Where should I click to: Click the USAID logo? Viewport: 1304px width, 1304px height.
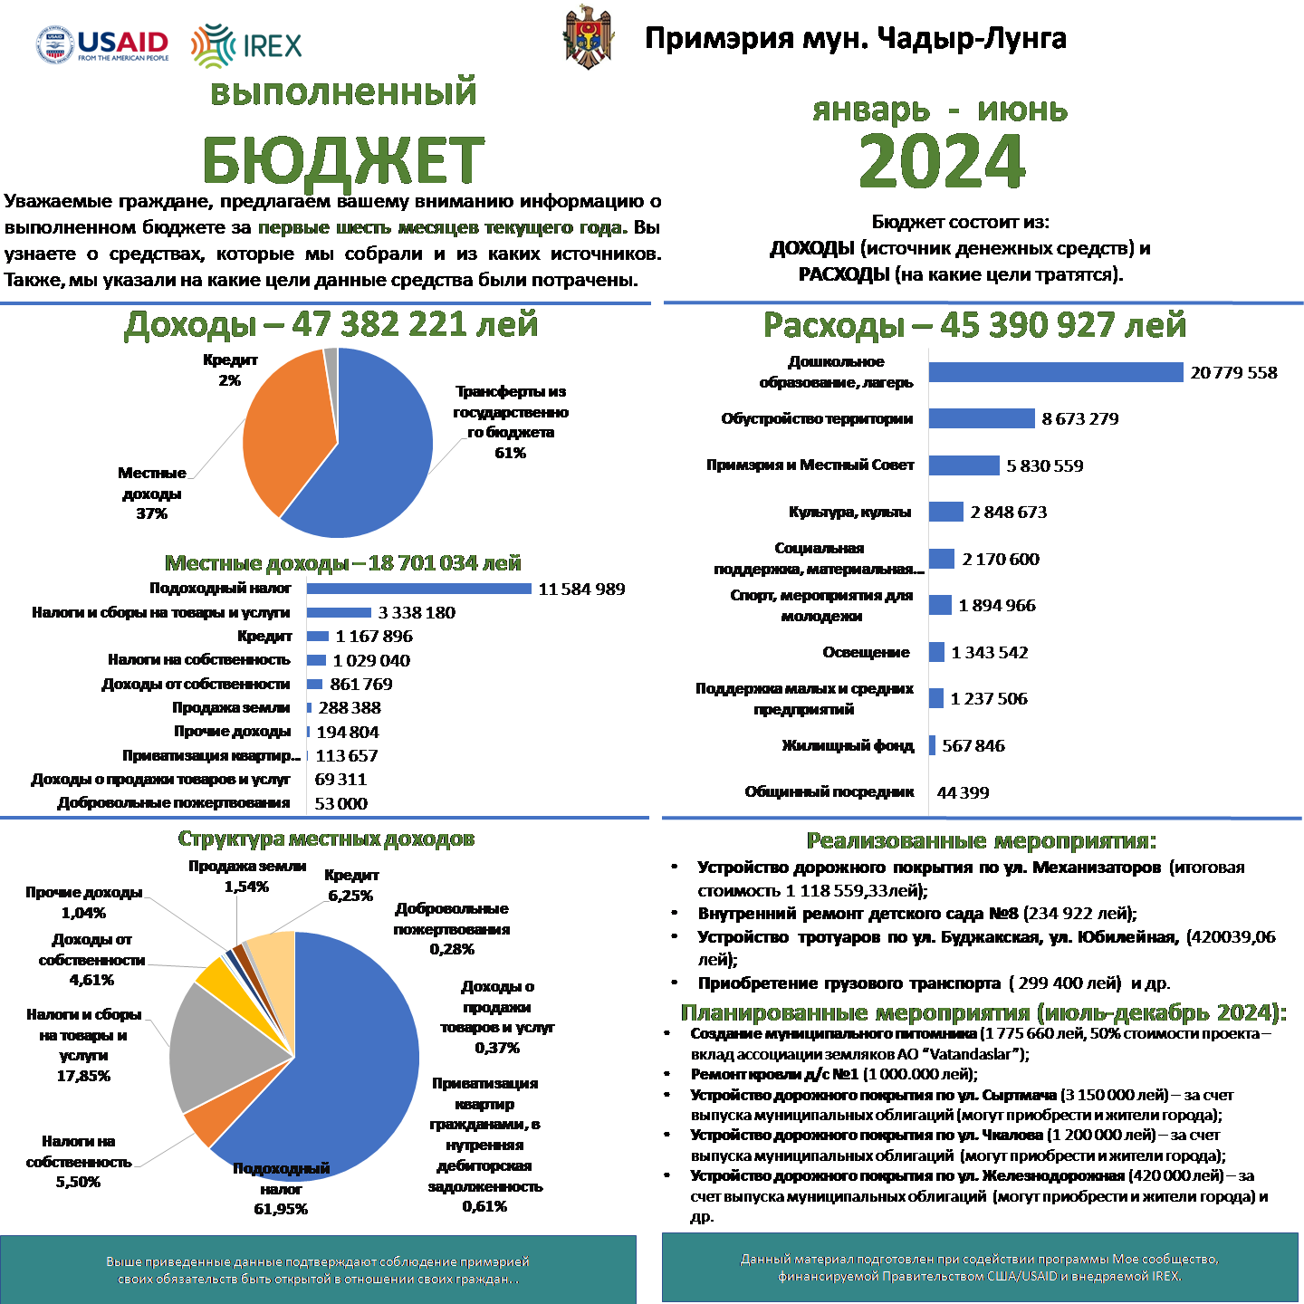[x=102, y=44]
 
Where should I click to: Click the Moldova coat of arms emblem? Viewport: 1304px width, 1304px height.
[x=589, y=38]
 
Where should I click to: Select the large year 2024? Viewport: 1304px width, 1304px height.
[x=941, y=161]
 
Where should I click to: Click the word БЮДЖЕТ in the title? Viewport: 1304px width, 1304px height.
[x=343, y=161]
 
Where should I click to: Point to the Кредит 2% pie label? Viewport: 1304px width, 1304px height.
[x=230, y=370]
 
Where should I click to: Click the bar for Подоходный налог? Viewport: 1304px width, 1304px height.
[x=418, y=589]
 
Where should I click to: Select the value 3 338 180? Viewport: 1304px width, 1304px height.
[x=417, y=613]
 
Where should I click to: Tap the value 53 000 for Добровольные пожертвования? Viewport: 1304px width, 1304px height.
[x=341, y=803]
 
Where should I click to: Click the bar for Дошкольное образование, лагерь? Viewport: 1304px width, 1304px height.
[x=1056, y=372]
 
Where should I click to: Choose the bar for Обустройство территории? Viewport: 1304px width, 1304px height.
[x=982, y=418]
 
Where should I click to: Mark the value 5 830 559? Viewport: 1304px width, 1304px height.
[x=1044, y=466]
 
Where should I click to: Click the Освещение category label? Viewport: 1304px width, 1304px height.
[x=866, y=652]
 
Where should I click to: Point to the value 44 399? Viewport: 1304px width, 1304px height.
[x=963, y=793]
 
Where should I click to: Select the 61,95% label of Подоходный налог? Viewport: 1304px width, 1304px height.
[x=281, y=1209]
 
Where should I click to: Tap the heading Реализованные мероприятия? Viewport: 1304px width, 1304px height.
[x=981, y=841]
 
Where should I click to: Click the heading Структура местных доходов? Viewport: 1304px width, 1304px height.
[x=326, y=839]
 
